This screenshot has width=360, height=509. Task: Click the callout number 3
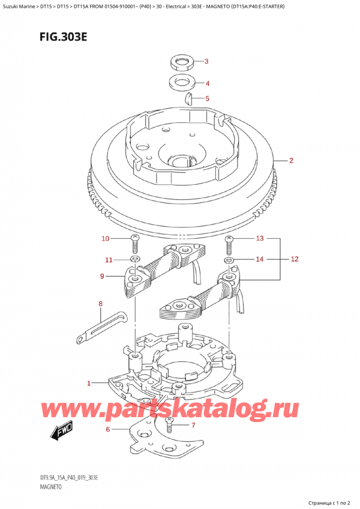206,61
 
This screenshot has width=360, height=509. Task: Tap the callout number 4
208,83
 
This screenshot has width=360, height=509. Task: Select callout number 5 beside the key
207,98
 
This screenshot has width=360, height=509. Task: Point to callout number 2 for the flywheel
291,160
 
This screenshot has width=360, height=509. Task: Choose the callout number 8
100,304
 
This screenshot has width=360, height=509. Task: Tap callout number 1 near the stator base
89,384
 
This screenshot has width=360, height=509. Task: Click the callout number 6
108,430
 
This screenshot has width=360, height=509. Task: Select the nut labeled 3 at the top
182,61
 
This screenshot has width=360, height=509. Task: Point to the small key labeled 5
188,98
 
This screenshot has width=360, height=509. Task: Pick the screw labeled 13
230,244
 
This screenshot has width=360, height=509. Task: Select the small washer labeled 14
230,260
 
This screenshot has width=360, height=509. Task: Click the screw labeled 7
169,425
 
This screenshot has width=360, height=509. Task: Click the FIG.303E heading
64,37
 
